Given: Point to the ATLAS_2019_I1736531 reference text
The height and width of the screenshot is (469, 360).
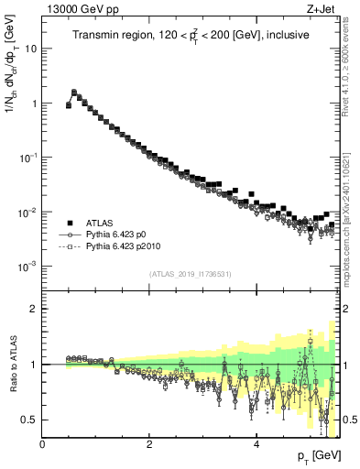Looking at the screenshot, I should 190,274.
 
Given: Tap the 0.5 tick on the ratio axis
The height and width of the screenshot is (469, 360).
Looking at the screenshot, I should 31,420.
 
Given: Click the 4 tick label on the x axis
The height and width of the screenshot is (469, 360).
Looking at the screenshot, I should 256,445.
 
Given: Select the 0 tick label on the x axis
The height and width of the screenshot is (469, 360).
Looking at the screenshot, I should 42,445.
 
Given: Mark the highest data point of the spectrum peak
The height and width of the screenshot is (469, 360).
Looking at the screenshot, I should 74,93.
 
